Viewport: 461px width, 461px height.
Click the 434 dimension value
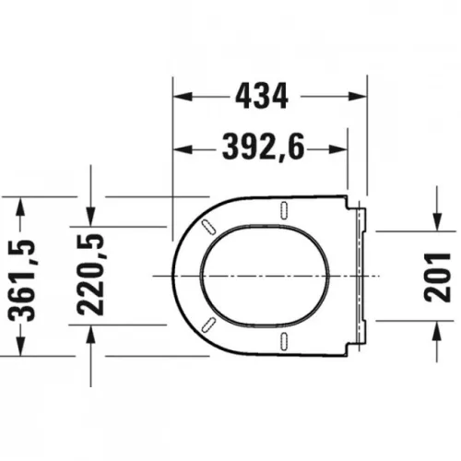click(262, 96)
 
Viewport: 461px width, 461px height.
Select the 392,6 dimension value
click(264, 148)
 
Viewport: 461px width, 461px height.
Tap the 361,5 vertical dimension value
click(22, 280)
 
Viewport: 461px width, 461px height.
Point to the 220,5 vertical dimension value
click(90, 275)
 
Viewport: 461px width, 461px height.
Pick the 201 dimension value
click(437, 278)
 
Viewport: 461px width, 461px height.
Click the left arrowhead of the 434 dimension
click(183, 96)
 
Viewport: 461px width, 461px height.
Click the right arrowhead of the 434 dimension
click(358, 96)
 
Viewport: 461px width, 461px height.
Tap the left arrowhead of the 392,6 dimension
click(183, 149)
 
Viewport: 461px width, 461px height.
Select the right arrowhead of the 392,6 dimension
click(338, 149)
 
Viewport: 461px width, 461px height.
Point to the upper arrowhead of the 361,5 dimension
click(20, 207)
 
